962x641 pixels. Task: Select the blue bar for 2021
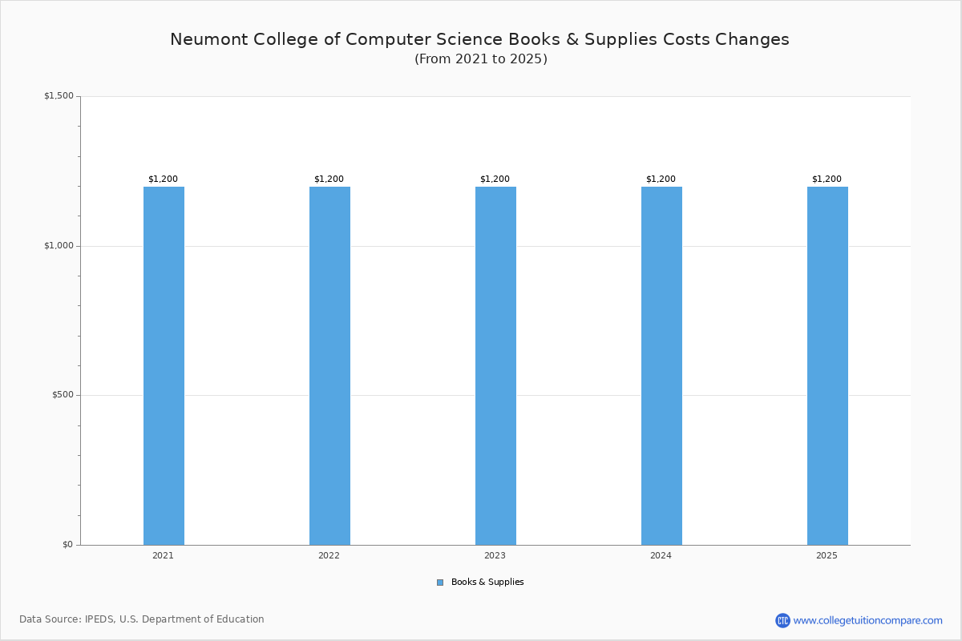(x=164, y=366)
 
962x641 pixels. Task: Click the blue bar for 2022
(x=329, y=366)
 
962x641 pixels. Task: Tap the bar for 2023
(x=495, y=366)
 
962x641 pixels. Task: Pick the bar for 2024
(x=661, y=366)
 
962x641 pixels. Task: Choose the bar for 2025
(x=827, y=366)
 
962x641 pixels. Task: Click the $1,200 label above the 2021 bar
(x=164, y=179)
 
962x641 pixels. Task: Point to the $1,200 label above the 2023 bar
(x=495, y=179)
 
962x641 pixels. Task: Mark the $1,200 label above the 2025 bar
(x=827, y=179)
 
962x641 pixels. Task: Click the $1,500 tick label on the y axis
(x=59, y=95)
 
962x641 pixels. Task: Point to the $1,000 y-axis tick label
(x=59, y=245)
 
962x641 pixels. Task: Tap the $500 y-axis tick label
(x=63, y=395)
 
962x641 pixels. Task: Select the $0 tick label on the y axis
(x=68, y=545)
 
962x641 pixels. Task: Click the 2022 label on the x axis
(x=329, y=555)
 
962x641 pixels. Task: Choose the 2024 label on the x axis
(x=661, y=555)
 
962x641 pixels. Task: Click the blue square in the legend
(x=440, y=583)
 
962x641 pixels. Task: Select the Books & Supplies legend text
(x=487, y=583)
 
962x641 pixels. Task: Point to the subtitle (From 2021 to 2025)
(x=481, y=58)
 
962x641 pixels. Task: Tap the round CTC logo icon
(x=782, y=620)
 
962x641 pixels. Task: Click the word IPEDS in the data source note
(x=99, y=619)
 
